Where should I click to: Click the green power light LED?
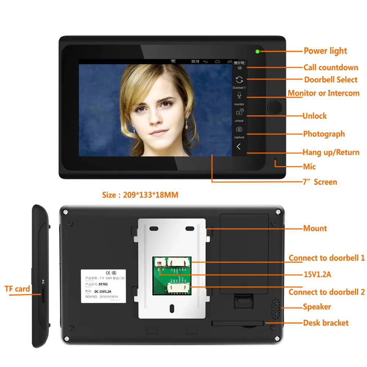258,51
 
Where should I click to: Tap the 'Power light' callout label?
325,51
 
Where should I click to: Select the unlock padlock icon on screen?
239,113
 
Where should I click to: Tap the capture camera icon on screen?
239,129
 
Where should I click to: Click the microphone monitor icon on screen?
239,95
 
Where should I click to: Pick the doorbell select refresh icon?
239,80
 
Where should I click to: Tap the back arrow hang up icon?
239,147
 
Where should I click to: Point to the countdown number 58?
240,68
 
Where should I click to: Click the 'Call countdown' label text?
330,68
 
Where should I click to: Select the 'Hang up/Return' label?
331,152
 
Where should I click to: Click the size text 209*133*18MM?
140,195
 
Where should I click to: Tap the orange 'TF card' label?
17,289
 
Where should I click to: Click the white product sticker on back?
103,286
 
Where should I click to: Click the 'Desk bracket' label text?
326,323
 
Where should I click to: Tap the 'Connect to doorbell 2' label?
326,292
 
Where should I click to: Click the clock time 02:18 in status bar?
195,61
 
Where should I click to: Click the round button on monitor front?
275,107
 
